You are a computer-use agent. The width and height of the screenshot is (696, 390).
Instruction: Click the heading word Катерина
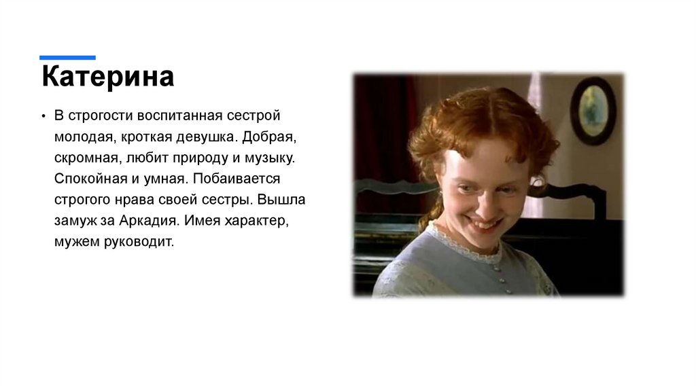108,77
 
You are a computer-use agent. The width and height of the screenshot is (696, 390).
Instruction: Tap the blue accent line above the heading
67,58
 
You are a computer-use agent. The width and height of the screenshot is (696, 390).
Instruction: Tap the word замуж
76,221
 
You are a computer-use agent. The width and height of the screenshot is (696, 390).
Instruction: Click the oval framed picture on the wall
592,109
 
